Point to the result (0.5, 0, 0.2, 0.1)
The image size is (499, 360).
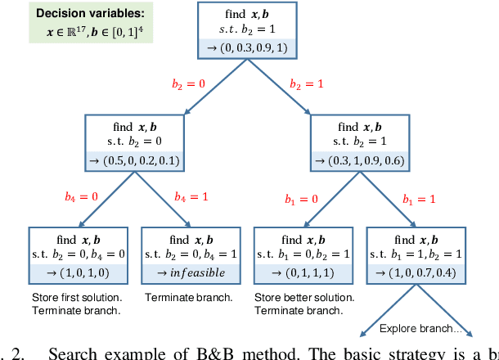(x=135, y=160)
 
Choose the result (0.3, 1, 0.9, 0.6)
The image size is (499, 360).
(x=361, y=160)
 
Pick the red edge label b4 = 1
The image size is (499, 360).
(x=191, y=196)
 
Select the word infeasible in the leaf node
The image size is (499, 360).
(x=198, y=272)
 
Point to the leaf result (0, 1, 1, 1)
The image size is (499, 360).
(x=305, y=272)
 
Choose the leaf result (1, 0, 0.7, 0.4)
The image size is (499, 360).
(x=418, y=272)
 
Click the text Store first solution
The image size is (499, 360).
(x=76, y=297)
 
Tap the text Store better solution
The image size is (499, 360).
(x=303, y=297)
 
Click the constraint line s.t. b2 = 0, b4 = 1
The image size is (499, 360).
(x=192, y=254)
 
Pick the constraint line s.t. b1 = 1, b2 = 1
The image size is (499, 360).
(x=418, y=254)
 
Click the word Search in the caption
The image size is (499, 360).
(x=74, y=353)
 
